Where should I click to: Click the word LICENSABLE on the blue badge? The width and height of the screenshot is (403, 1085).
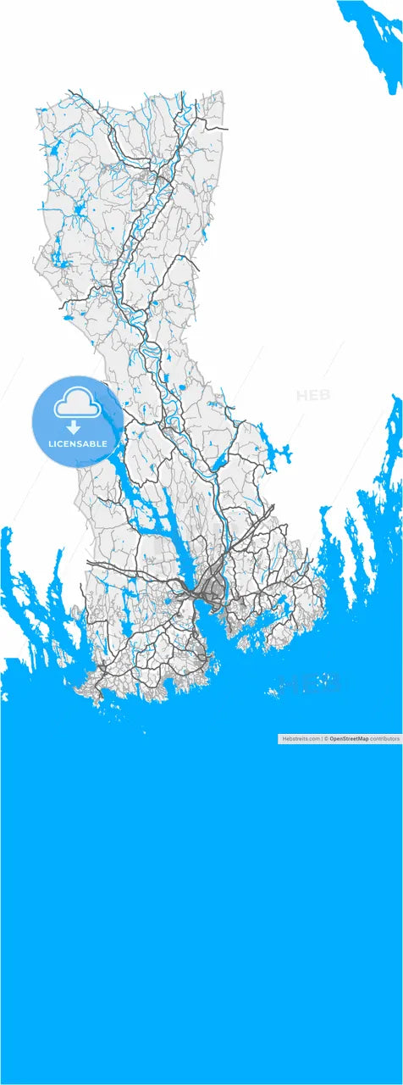coord(78,444)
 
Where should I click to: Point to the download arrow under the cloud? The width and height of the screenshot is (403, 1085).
coord(75,426)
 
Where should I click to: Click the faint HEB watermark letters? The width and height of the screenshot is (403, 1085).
coord(313,395)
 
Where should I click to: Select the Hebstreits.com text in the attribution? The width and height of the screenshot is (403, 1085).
coord(300,739)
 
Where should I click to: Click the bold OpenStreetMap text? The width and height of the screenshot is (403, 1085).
coord(349,739)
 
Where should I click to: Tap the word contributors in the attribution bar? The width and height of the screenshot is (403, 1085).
coord(384,739)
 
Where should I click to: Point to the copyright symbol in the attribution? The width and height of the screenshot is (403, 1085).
coord(326,739)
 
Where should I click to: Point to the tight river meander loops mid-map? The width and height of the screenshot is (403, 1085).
coord(148,348)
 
